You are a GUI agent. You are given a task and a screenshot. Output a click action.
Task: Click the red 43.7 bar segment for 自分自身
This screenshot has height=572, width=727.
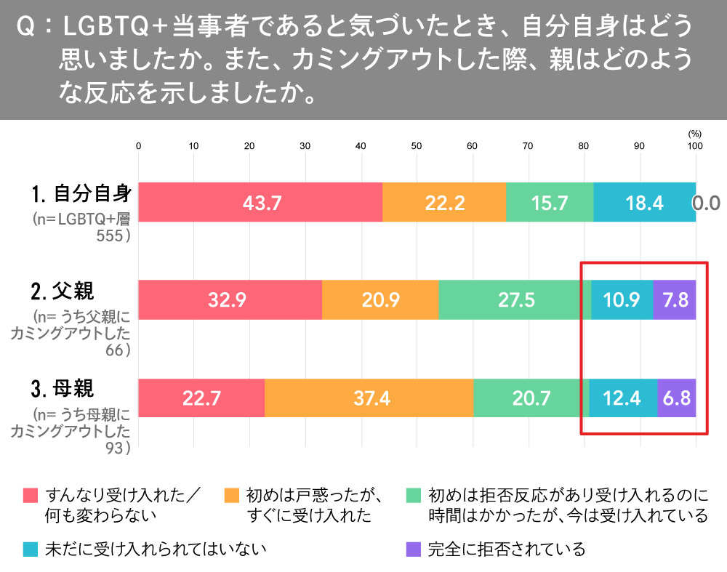click(260, 202)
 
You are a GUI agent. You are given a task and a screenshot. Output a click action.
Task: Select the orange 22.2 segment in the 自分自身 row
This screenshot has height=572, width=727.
click(443, 202)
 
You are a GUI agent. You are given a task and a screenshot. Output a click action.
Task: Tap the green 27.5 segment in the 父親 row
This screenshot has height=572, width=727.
click(514, 299)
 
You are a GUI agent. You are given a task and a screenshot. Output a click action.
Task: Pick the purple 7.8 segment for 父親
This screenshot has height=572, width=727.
click(675, 299)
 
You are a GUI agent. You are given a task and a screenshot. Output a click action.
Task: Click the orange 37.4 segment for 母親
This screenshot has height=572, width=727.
click(369, 398)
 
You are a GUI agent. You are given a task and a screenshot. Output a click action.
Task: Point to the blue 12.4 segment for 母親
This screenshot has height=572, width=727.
click(623, 398)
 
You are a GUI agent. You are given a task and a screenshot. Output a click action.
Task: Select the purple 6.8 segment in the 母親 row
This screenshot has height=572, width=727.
click(677, 398)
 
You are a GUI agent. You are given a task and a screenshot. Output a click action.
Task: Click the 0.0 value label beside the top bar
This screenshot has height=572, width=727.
click(706, 203)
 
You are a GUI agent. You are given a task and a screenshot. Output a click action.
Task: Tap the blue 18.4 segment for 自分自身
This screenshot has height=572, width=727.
click(644, 202)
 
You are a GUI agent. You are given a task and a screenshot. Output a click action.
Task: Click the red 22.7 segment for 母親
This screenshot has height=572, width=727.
click(201, 398)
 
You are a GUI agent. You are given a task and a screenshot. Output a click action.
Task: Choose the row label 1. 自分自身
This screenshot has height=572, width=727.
click(81, 194)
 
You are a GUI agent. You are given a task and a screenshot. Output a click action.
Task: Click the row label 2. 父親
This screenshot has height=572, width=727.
click(63, 291)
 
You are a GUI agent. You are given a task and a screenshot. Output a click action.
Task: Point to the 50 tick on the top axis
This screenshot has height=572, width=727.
click(417, 146)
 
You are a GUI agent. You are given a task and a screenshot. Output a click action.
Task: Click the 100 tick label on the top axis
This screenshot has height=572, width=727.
click(695, 146)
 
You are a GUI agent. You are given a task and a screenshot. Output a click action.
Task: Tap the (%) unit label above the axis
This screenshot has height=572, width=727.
click(694, 134)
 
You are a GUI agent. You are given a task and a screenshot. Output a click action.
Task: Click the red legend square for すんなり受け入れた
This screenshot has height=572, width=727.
click(30, 496)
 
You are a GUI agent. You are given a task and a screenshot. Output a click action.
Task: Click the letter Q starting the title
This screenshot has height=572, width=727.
click(24, 28)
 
